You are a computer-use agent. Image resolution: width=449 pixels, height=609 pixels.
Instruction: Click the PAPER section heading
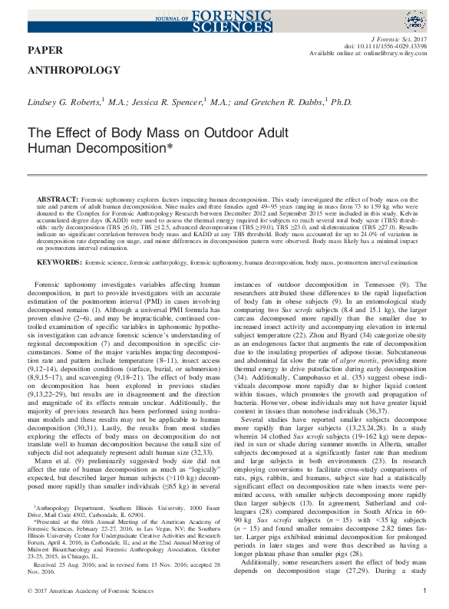45,51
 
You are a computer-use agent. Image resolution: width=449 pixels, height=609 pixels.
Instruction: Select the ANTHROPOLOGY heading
74,70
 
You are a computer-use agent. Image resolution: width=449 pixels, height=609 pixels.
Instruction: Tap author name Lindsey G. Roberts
64,101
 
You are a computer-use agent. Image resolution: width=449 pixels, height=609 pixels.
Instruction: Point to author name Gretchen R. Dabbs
288,101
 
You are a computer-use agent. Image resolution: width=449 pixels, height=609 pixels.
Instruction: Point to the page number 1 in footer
424,591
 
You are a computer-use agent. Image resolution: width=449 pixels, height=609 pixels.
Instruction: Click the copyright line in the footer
91,591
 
